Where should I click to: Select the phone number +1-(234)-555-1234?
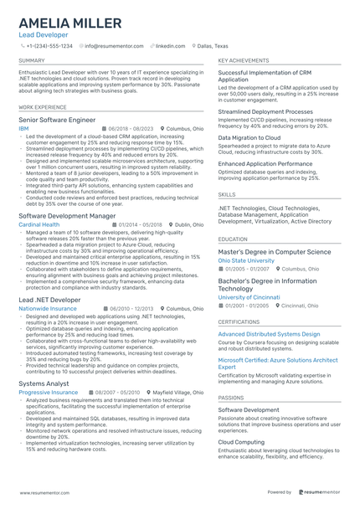click(50, 46)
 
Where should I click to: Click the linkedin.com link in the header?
click(170, 46)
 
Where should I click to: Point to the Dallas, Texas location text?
click(212, 46)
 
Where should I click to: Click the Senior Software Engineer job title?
click(57, 120)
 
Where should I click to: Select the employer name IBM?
click(23, 129)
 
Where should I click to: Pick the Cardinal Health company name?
click(39, 224)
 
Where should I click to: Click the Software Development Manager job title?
click(67, 215)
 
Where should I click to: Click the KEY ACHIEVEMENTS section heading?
click(243, 61)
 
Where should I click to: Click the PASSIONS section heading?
click(231, 398)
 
